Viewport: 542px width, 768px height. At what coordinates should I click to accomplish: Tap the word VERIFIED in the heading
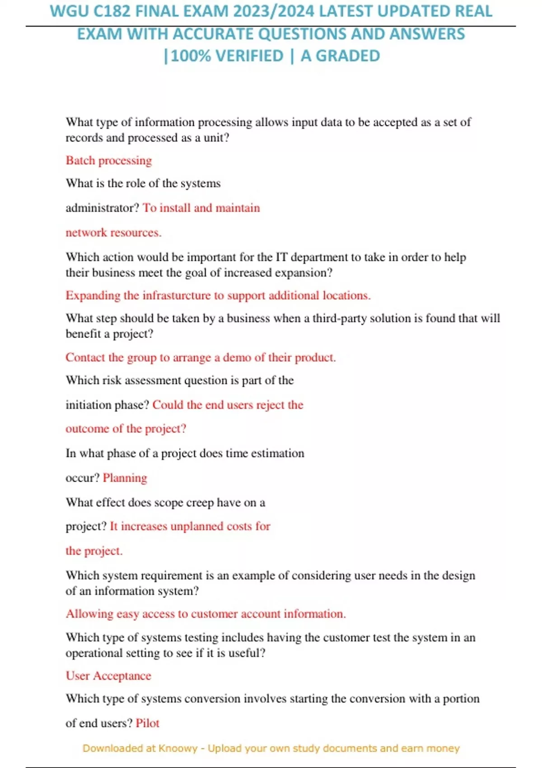pos(249,56)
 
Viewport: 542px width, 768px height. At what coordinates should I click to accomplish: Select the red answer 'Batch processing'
pos(109,160)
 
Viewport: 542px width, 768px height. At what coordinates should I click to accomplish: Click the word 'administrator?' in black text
pos(102,208)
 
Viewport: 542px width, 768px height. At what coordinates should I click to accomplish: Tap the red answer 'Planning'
pos(125,478)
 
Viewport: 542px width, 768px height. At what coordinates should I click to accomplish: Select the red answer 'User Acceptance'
pos(108,676)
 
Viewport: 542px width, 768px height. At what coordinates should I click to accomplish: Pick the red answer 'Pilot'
pos(148,723)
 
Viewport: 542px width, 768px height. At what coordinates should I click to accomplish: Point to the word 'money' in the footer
pos(445,749)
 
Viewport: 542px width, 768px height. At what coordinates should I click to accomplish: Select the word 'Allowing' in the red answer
pos(89,614)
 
